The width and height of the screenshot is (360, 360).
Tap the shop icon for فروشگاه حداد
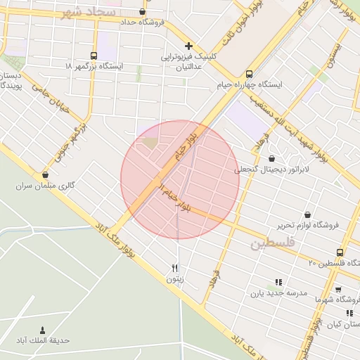point(143,12)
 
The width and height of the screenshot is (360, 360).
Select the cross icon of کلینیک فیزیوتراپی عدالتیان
point(188,46)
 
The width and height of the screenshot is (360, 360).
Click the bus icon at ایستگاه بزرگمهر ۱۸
point(94,56)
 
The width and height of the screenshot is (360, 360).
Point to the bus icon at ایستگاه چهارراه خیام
point(249,74)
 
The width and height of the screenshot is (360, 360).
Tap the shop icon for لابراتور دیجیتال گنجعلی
point(272,159)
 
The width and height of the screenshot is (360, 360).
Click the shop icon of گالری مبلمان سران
point(46,175)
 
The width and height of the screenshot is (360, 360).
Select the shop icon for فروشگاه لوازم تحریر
point(307,214)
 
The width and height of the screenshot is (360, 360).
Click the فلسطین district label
point(270,244)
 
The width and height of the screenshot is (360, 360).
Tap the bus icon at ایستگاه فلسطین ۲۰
point(340,252)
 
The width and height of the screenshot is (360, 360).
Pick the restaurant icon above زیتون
point(174,268)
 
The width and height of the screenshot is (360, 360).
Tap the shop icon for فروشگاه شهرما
point(338,289)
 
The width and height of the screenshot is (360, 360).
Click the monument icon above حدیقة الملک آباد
point(42,330)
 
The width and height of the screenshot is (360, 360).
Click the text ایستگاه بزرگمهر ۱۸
point(93,66)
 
